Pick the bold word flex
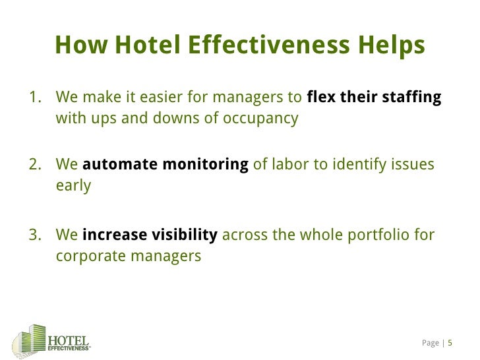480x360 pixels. tap(321, 98)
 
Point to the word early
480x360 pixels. tap(73, 186)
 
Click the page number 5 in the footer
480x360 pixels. tap(450, 343)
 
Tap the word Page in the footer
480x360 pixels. tap(430, 343)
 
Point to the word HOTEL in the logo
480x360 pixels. tap(69, 338)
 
